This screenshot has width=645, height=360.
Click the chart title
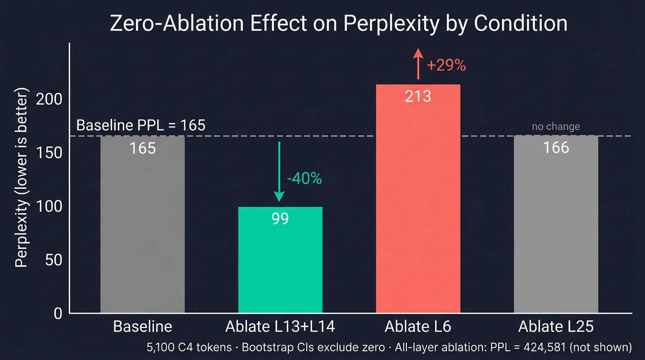[x=338, y=23]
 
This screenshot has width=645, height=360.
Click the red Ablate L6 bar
[x=418, y=211]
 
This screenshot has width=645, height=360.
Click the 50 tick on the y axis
[x=54, y=260]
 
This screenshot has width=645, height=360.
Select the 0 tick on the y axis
[x=58, y=313]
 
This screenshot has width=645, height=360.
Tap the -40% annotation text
[x=304, y=178]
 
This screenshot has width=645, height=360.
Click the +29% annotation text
[x=446, y=66]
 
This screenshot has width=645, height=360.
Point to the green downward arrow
[x=279, y=171]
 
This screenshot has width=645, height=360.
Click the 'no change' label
[x=556, y=127]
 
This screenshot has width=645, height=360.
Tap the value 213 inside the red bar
[x=418, y=96]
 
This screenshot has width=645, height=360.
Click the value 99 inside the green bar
[x=280, y=218]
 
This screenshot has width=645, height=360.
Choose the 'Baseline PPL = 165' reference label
[x=141, y=125]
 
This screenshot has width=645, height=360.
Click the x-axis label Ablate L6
[x=418, y=327]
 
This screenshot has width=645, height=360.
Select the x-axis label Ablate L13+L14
[x=280, y=327]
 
